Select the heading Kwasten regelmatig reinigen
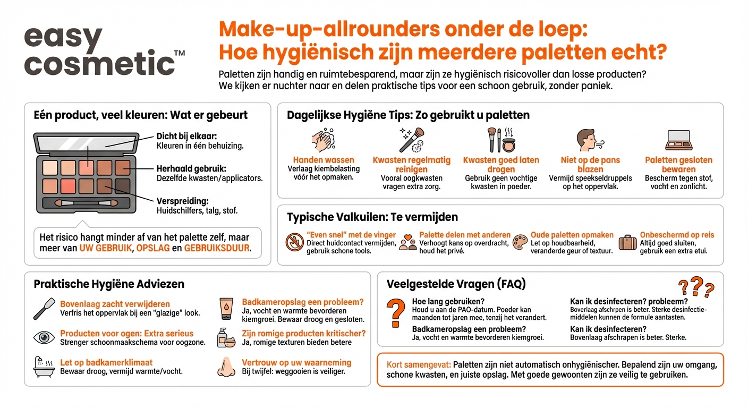(411, 164)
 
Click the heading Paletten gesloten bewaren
(678, 164)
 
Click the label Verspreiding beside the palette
(182, 201)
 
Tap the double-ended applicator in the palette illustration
(86, 203)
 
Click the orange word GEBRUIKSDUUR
(217, 248)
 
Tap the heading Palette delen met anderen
(464, 235)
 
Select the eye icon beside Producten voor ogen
(44, 337)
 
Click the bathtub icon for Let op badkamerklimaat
(44, 367)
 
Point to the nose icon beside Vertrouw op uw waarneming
(226, 367)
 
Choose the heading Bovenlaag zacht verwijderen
(115, 304)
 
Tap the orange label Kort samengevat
(419, 365)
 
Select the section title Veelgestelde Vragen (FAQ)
(456, 284)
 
